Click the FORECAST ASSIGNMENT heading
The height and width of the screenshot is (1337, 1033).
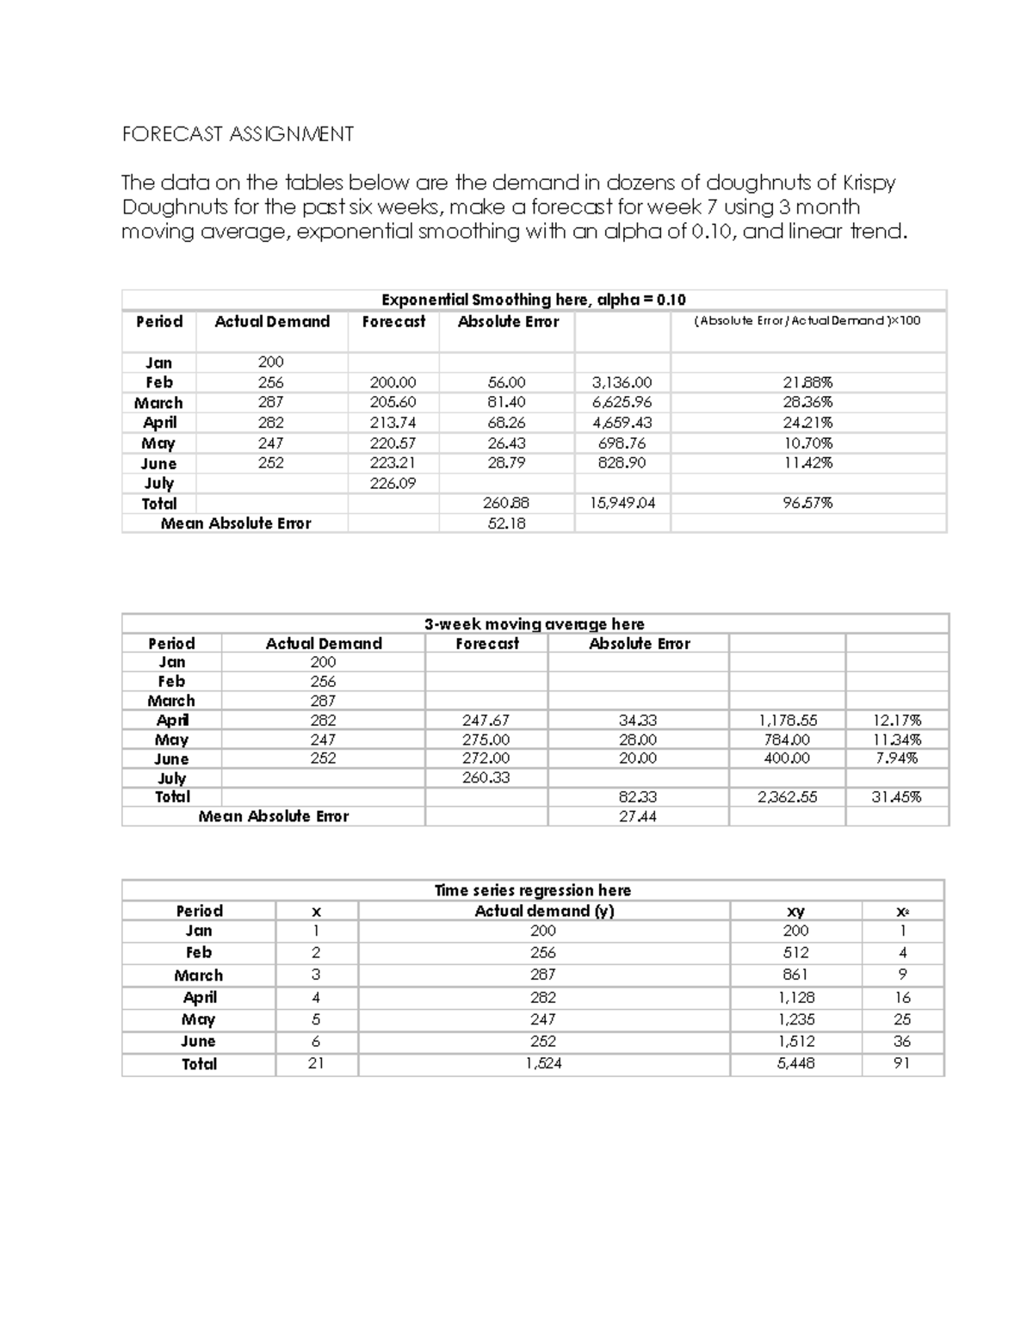[x=238, y=134]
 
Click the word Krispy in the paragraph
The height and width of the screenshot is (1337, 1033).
[x=869, y=183]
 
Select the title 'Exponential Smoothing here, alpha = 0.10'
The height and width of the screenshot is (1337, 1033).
[x=534, y=300]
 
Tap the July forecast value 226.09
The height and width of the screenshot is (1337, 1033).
[x=393, y=483]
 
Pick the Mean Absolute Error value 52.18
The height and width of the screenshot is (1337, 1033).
[x=506, y=523]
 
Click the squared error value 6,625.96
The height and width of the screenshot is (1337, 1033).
[x=622, y=402]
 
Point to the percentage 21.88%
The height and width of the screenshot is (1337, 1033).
[x=807, y=382]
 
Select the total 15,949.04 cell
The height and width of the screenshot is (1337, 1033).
[x=622, y=503]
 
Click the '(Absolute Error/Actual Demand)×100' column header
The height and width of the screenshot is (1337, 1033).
[x=807, y=321]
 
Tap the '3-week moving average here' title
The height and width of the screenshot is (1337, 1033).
[x=534, y=623]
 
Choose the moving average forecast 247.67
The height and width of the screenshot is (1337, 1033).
[x=486, y=720]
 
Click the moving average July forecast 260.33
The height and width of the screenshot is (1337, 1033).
[x=486, y=777]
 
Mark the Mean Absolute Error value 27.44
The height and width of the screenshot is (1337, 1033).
[x=637, y=816]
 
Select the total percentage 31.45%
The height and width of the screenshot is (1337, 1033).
[x=896, y=797]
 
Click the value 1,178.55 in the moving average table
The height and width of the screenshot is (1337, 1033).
[x=787, y=720]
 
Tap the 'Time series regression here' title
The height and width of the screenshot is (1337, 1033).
[x=533, y=890]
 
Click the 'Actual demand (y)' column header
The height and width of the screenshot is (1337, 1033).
[x=544, y=911]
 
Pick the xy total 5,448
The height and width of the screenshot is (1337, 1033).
[x=795, y=1063]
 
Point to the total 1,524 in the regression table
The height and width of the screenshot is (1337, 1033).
[x=543, y=1063]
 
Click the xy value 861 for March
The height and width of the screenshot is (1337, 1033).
[x=795, y=975]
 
